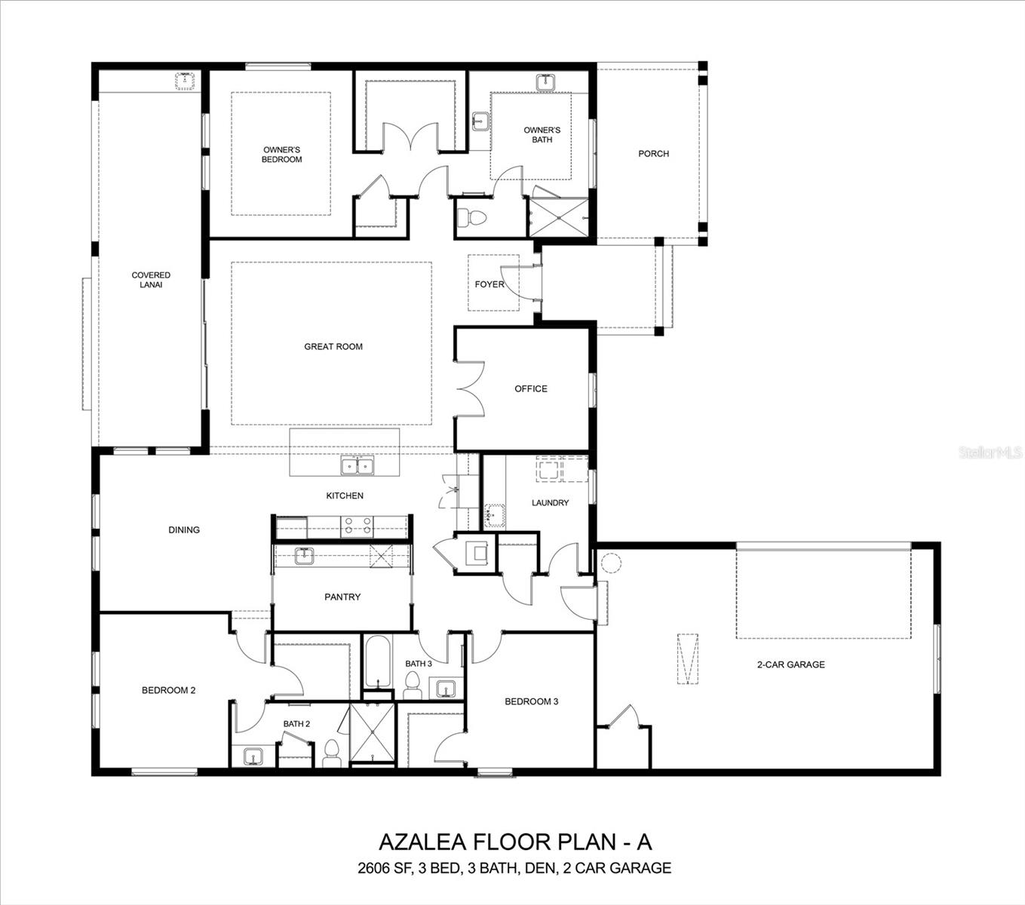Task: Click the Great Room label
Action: click(333, 347)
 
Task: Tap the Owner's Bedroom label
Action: click(282, 155)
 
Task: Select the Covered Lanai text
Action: click(151, 280)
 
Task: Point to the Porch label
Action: click(653, 154)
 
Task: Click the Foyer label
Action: click(489, 284)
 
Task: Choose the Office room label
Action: click(531, 389)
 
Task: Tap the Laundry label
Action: click(550, 503)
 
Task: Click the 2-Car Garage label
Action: click(790, 665)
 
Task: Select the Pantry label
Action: click(342, 597)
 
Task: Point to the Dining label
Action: click(184, 530)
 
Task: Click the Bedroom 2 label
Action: click(169, 690)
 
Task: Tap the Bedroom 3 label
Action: click(531, 702)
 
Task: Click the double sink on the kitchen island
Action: click(358, 467)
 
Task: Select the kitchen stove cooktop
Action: click(358, 526)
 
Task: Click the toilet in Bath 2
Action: click(331, 752)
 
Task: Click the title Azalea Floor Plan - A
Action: click(514, 841)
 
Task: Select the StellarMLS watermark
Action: click(990, 452)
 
